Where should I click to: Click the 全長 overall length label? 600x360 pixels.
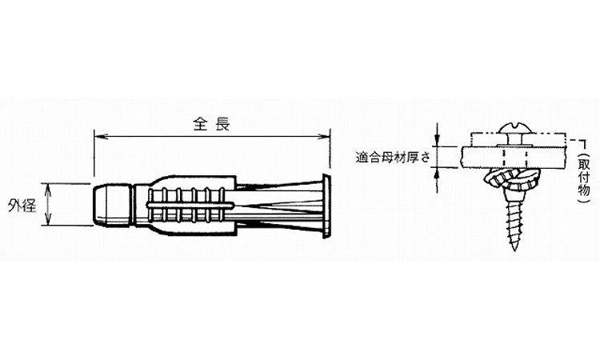(x=211, y=124)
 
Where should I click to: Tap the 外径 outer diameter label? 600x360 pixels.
(x=22, y=206)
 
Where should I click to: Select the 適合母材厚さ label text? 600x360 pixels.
(x=393, y=158)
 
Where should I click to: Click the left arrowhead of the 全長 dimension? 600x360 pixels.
(x=98, y=136)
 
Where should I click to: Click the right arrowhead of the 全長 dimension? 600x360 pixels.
(x=325, y=136)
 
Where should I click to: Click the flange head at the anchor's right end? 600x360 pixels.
(x=326, y=206)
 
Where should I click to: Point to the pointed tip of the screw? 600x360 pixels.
(x=515, y=248)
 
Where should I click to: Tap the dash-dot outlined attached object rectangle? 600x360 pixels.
(x=518, y=140)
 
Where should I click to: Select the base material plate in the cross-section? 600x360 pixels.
(x=513, y=158)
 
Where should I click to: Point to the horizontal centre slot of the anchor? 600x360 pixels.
(x=190, y=206)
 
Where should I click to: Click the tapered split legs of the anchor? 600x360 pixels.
(x=280, y=206)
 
